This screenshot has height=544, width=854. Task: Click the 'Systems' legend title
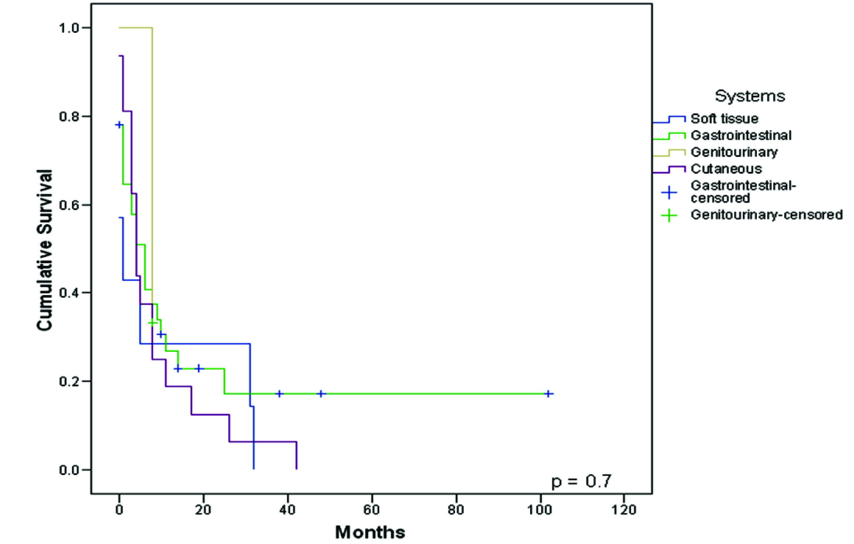tap(750, 96)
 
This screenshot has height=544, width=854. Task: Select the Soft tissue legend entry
tap(724, 118)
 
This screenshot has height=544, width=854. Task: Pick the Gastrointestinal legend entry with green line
tap(741, 135)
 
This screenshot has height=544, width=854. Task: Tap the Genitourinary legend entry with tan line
tap(734, 152)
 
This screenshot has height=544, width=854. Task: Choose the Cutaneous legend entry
tap(726, 169)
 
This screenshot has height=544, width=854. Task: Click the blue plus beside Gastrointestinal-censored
tap(669, 192)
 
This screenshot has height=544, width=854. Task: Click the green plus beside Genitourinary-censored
tap(669, 215)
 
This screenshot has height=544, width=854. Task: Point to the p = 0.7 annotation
tap(581, 481)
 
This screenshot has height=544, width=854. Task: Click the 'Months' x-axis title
tap(370, 532)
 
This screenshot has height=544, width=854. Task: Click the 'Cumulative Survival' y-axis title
tap(44, 250)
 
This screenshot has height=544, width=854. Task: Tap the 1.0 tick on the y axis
tap(69, 28)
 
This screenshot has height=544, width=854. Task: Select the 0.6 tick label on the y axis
tap(69, 205)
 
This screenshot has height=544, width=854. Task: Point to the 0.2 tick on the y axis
tap(69, 381)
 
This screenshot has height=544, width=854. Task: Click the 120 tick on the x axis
tap(624, 510)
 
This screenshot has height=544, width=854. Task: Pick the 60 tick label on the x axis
tap(371, 510)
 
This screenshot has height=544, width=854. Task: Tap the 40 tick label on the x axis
tap(287, 510)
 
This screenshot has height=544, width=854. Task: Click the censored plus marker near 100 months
tap(548, 394)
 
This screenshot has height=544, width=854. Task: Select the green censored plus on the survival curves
tap(152, 322)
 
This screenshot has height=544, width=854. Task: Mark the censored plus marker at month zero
tap(119, 124)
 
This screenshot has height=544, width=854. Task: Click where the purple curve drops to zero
tap(296, 468)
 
